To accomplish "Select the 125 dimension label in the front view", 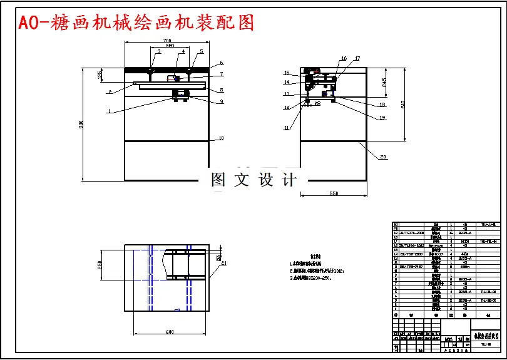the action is (x=100, y=75).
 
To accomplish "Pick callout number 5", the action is (x=202, y=51).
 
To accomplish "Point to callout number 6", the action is (x=221, y=63).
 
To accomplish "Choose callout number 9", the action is (x=221, y=101).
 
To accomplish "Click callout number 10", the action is (x=221, y=138).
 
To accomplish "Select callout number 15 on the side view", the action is (x=287, y=73).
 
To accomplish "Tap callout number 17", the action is (x=357, y=59).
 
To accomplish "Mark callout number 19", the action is (x=382, y=117).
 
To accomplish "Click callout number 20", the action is (x=383, y=157).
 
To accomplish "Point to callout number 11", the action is (x=286, y=128).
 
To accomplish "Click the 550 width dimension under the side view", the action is (x=334, y=194).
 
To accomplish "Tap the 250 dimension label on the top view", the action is (x=99, y=265).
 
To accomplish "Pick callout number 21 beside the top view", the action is (x=223, y=264).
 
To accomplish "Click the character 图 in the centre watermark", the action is (x=218, y=180).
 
